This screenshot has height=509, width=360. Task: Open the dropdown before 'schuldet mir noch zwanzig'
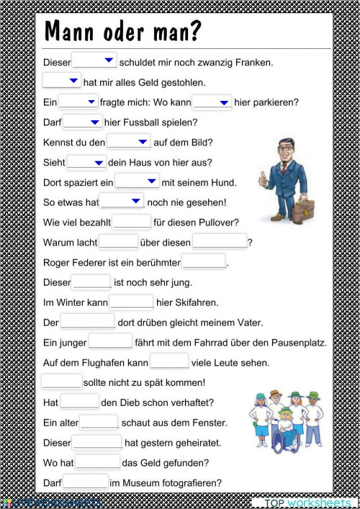click(x=94, y=61)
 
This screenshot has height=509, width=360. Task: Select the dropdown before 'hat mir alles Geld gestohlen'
click(x=62, y=81)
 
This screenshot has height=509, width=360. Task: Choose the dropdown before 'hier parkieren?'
click(x=212, y=102)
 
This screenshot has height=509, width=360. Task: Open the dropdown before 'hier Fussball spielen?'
click(x=83, y=122)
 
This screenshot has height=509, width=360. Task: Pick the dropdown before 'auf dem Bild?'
click(x=129, y=142)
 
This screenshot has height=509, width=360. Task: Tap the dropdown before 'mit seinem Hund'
click(x=137, y=181)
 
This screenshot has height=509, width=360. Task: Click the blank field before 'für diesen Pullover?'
click(x=131, y=222)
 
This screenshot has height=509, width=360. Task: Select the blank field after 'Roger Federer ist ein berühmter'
click(x=204, y=261)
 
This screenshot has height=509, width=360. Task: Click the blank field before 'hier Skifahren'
click(x=131, y=302)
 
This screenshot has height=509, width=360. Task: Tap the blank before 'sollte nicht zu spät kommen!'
click(x=61, y=382)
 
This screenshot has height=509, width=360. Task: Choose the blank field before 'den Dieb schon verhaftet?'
click(x=79, y=402)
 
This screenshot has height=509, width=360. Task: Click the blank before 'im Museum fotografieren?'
click(x=85, y=482)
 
